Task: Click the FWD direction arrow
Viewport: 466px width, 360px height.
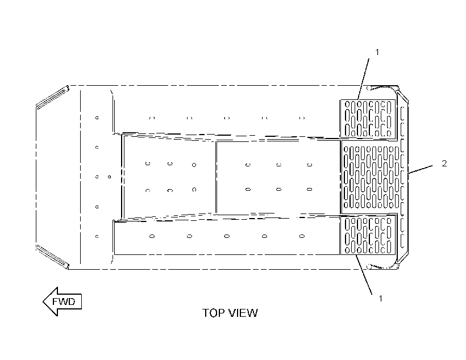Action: [x=62, y=302]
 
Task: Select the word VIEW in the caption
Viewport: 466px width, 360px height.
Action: [x=243, y=313]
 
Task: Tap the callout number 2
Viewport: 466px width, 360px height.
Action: [x=444, y=164]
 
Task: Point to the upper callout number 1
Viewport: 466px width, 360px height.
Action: [x=377, y=52]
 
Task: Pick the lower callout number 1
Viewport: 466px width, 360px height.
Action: [x=380, y=299]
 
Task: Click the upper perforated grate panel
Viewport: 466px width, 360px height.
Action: [x=368, y=119]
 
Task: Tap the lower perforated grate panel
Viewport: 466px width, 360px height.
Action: [x=368, y=235]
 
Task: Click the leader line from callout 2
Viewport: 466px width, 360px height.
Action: [x=420, y=169]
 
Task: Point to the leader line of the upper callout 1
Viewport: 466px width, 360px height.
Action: [x=363, y=79]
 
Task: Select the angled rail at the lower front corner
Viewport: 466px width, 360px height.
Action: [x=53, y=257]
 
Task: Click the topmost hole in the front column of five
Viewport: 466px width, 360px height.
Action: [x=97, y=118]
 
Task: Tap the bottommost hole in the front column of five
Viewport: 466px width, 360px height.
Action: [x=97, y=236]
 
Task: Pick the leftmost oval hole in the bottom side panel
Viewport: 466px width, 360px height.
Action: [x=152, y=236]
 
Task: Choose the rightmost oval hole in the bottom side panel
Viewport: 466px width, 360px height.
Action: [x=302, y=236]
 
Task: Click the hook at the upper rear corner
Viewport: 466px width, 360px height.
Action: [x=382, y=88]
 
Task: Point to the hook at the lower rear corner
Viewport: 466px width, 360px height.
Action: [x=382, y=266]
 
